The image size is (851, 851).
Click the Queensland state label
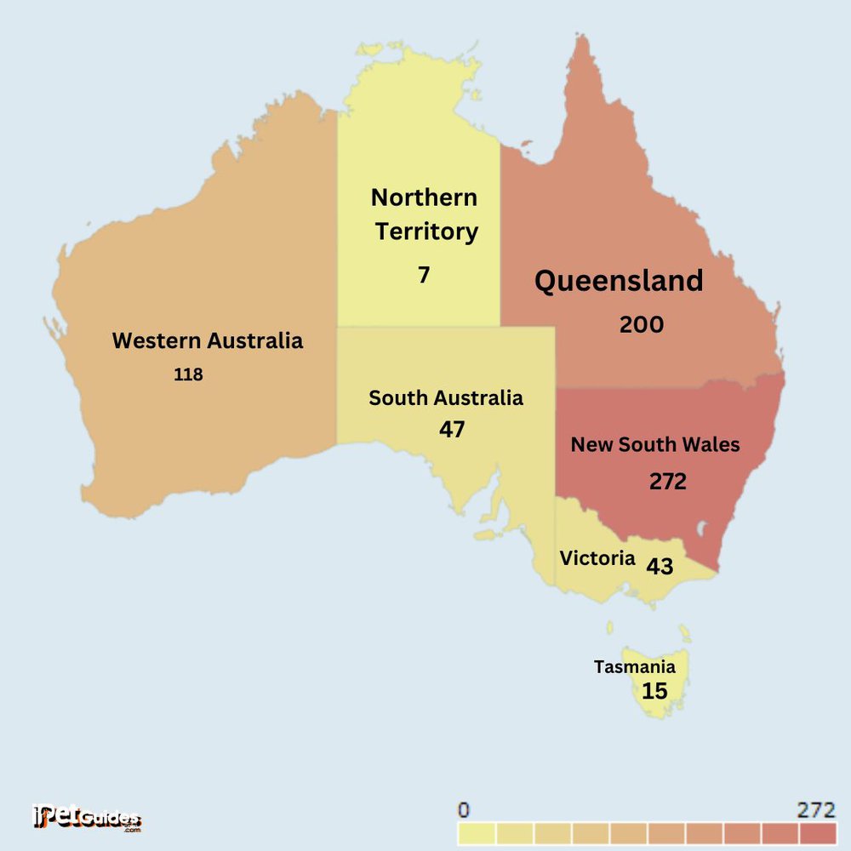click(619, 281)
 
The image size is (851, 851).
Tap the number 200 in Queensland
click(641, 324)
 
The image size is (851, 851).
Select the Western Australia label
click(207, 341)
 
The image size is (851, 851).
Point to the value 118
click(188, 374)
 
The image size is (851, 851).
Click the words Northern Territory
click(425, 214)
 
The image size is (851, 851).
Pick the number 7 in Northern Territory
click(424, 276)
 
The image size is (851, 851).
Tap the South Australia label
click(445, 397)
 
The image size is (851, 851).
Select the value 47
click(452, 430)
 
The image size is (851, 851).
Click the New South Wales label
click(654, 444)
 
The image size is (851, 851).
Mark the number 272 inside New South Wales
click(667, 482)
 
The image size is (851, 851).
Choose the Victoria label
click(597, 558)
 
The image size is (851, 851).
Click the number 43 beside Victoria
click(660, 566)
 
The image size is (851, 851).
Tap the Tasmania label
click(634, 667)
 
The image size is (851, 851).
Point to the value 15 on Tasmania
click(654, 691)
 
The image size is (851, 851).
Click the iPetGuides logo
click(85, 818)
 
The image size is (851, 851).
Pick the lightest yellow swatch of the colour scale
click(477, 832)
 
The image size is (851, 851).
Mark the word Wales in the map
click(709, 444)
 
